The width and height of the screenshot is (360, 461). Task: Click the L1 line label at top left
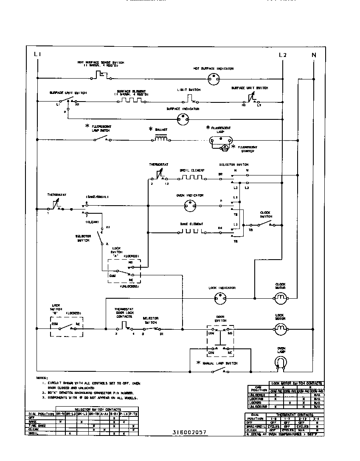click(x=37, y=54)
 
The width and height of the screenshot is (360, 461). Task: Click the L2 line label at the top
click(x=283, y=54)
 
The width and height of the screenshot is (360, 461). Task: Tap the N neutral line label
click(x=314, y=54)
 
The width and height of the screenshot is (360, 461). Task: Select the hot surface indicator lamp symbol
click(x=214, y=78)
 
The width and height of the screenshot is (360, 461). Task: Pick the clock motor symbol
click(x=280, y=299)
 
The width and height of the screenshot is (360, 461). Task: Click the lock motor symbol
click(x=280, y=328)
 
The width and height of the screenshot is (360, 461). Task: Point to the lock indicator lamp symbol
click(x=222, y=299)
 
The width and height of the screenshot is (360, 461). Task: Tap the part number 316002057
click(x=189, y=432)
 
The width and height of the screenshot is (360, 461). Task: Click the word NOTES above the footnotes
click(x=42, y=378)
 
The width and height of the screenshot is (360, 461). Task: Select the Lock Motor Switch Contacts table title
click(x=296, y=383)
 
